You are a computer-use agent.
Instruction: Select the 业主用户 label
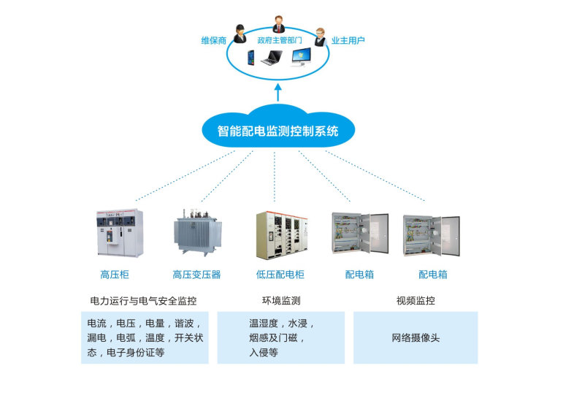click(348, 41)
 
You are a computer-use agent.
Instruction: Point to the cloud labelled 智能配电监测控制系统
click(278, 130)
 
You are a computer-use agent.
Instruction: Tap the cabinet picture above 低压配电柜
click(279, 234)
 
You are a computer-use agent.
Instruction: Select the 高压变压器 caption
click(196, 275)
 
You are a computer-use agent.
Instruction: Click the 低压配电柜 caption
click(280, 275)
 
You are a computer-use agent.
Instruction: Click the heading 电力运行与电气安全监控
click(143, 300)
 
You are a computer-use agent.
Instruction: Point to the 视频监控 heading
click(415, 300)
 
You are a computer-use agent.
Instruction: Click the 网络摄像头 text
click(416, 338)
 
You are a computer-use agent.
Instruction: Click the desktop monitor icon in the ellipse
click(306, 57)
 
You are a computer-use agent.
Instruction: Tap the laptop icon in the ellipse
click(273, 57)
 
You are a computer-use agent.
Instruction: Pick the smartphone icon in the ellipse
click(251, 57)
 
